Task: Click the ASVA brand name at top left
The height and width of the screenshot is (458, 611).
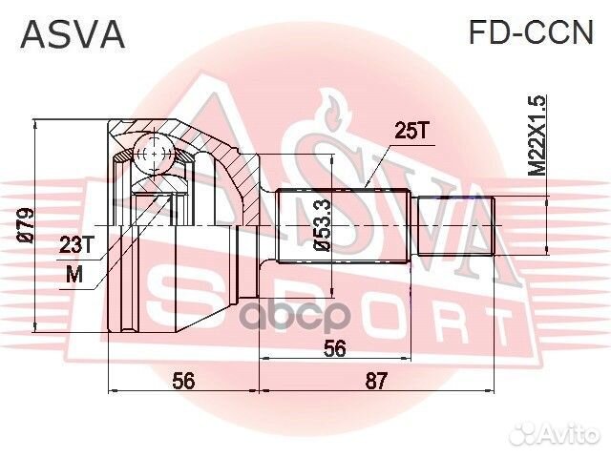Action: point(73,34)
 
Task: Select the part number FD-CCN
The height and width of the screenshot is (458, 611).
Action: point(530,34)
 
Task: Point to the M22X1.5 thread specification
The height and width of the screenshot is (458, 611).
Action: point(538,135)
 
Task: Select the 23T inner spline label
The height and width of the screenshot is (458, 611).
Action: point(76,245)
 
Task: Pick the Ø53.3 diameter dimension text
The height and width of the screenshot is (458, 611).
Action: point(323,227)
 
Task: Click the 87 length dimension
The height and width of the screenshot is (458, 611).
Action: point(376,381)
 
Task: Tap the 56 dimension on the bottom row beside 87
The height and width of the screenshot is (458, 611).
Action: point(183,381)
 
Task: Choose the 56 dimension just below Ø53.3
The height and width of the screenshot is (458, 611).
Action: point(333,349)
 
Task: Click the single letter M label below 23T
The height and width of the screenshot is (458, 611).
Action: point(75,275)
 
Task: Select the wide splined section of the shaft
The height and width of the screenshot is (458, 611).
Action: point(344,225)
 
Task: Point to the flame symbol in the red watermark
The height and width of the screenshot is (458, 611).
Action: point(333,106)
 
